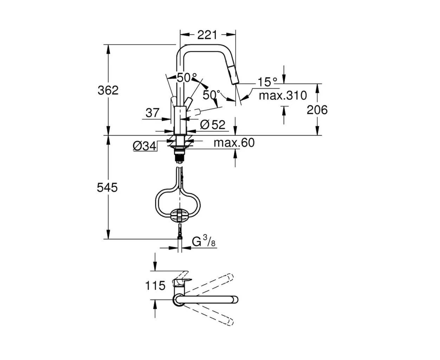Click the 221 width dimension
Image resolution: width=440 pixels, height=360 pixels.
(x=207, y=35)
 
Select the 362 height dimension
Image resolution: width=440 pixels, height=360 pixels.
(x=108, y=90)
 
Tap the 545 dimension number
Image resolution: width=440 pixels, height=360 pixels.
(x=107, y=187)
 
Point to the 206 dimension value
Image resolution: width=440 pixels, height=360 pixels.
(x=317, y=110)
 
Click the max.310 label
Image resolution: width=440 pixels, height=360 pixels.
(x=283, y=96)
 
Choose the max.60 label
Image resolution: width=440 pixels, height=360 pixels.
(x=234, y=143)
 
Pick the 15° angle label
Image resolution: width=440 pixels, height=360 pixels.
(x=267, y=82)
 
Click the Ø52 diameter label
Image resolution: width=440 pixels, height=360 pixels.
(x=213, y=125)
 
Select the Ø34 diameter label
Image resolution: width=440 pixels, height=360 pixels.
(x=144, y=146)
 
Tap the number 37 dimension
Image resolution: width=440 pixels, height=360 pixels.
(x=153, y=113)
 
